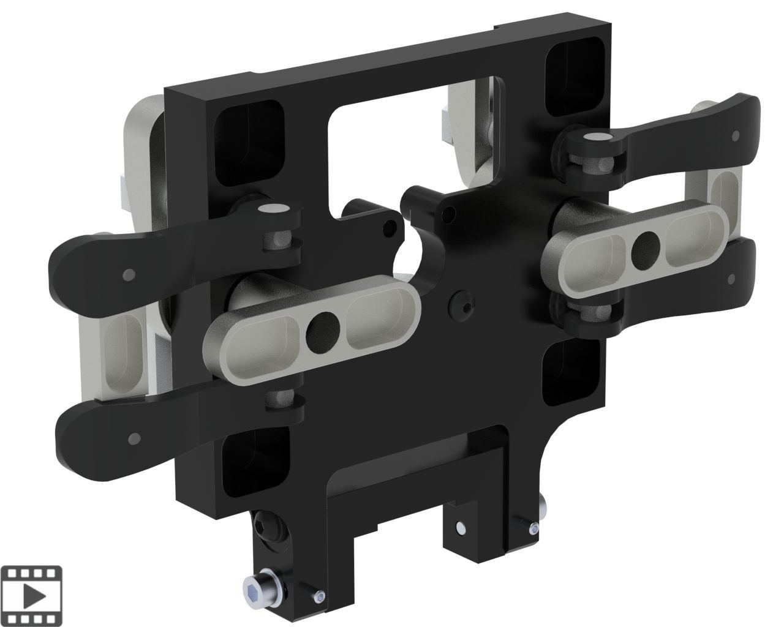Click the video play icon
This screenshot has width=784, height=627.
(x=35, y=594)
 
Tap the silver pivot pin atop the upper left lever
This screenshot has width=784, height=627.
(x=269, y=209)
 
